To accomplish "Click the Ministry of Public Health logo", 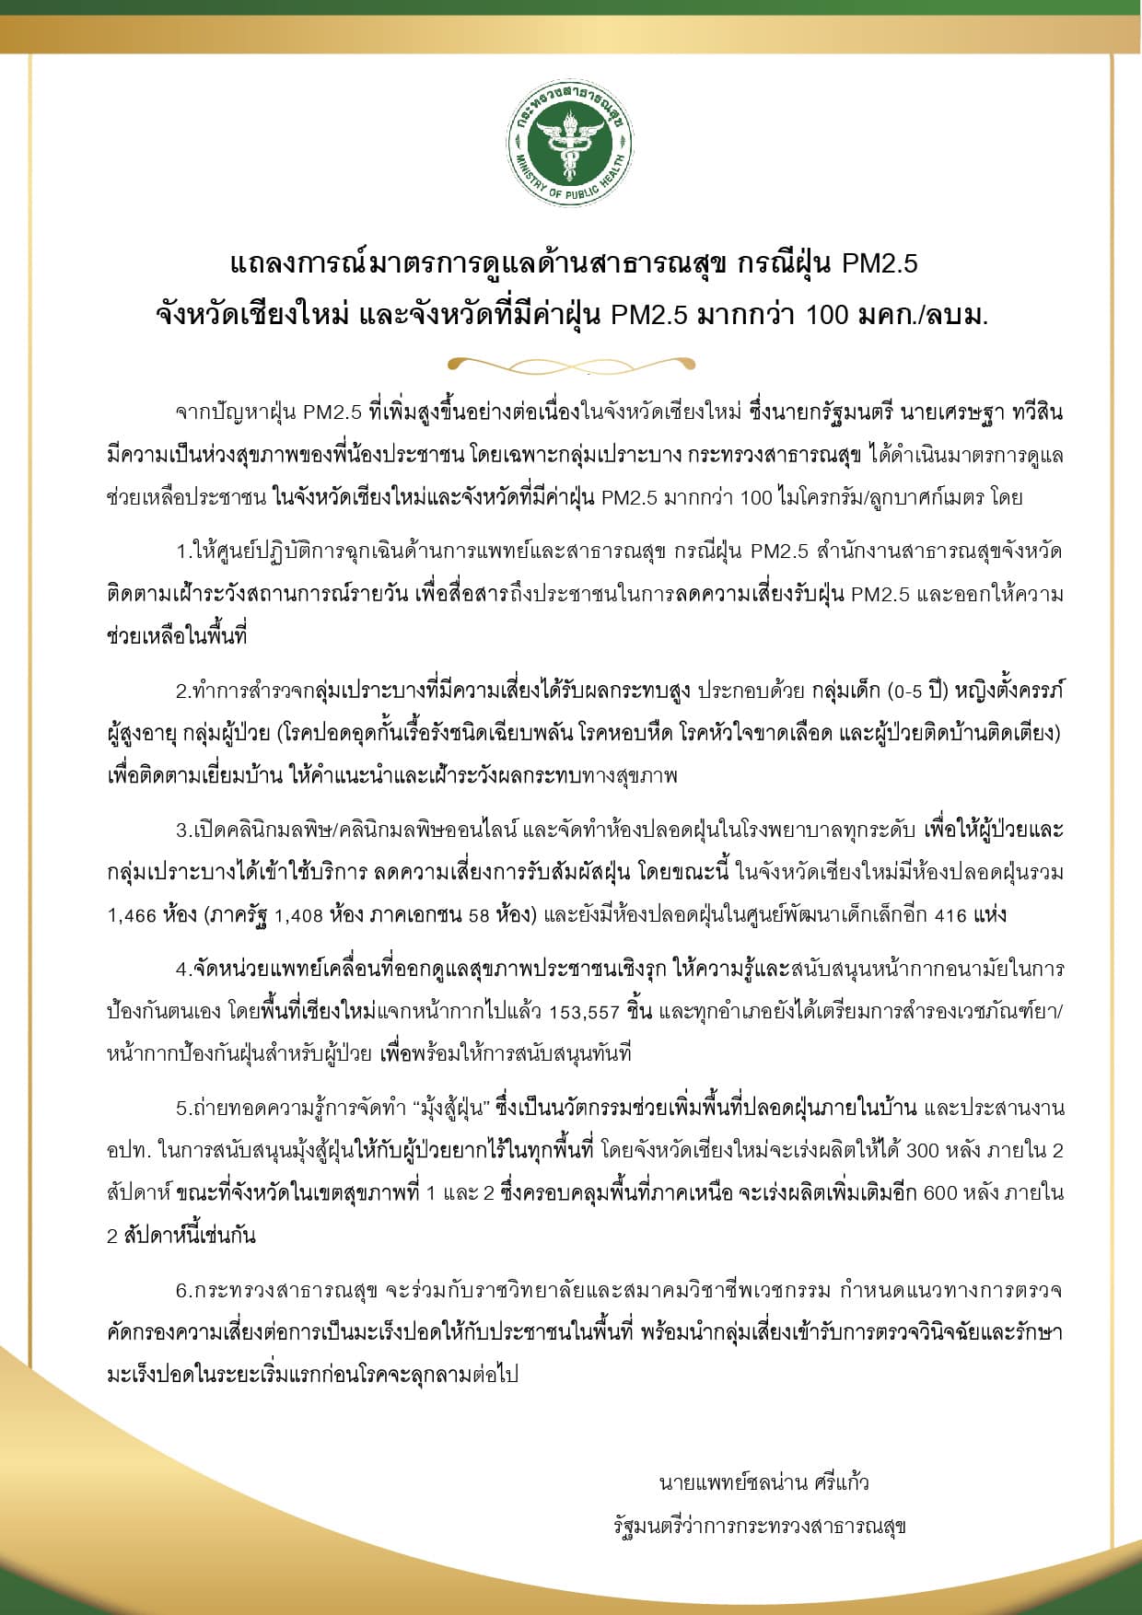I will (571, 147).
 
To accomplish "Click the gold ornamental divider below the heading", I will (571, 365).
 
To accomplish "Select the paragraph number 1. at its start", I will (183, 552).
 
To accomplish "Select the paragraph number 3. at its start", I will (183, 830).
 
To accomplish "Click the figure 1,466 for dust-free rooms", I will (132, 915).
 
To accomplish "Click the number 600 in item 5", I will (940, 1192).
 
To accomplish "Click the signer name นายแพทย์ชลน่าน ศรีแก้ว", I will (763, 1482).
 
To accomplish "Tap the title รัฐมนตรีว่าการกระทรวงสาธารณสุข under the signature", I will (760, 1526).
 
